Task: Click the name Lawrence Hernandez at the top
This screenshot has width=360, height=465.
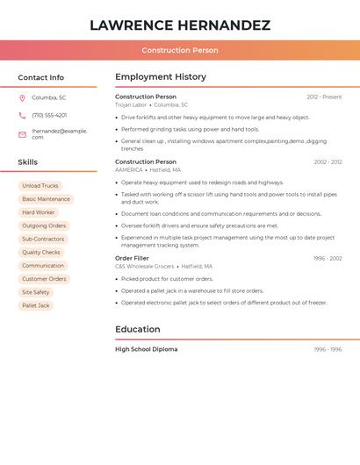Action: tap(180, 25)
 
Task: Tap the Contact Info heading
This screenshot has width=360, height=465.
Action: tap(40, 77)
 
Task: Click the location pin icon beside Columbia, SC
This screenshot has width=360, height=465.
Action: tap(22, 97)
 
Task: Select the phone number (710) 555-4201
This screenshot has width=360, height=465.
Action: tap(49, 115)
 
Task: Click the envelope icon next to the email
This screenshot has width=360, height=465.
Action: tap(22, 134)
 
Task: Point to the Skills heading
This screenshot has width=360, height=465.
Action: tap(28, 162)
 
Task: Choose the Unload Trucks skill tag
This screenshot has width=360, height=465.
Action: tap(40, 186)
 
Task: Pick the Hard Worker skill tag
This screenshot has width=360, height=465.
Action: tap(39, 212)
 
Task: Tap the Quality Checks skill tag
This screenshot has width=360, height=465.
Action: tap(41, 253)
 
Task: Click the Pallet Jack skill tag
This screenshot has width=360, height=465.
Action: tap(36, 306)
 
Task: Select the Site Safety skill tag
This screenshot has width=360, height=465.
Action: tap(36, 292)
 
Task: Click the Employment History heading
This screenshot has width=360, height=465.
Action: tap(161, 77)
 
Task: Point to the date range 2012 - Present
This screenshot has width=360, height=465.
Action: tap(324, 97)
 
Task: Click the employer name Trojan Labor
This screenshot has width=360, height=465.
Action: tap(131, 104)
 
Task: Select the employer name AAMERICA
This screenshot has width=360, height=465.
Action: tap(129, 170)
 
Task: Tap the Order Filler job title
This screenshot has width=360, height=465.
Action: tap(132, 258)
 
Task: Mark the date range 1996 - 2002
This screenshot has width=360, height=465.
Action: tap(328, 258)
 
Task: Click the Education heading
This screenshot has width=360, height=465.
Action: tap(138, 330)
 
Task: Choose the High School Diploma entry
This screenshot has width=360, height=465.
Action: tap(146, 349)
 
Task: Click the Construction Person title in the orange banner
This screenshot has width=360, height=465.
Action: tap(180, 50)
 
